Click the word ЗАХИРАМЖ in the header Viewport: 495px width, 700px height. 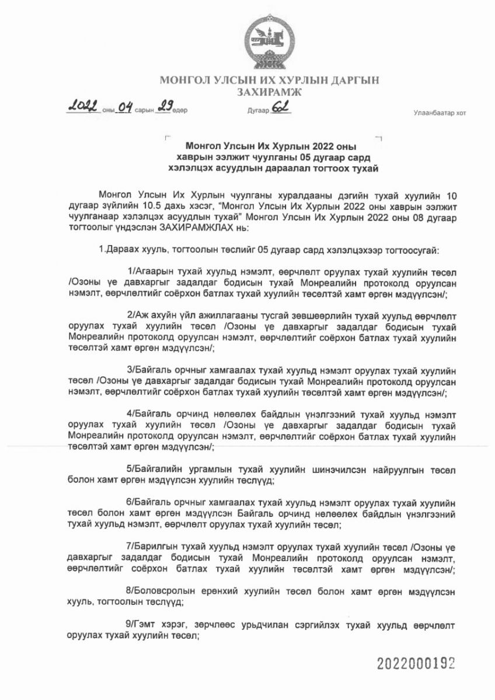click(x=270, y=92)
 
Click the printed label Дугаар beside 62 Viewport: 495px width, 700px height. click(x=257, y=110)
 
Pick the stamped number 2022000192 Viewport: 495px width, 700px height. click(x=415, y=663)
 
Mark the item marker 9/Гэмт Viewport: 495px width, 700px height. click(x=140, y=625)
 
